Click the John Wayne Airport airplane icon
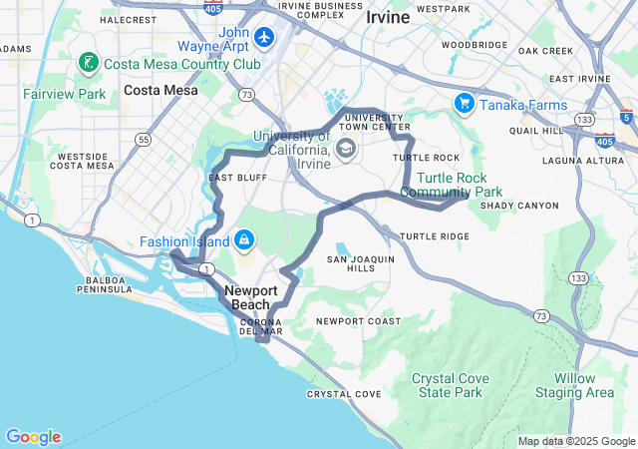[264, 38]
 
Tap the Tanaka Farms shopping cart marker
[464, 104]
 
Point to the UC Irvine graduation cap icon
[345, 150]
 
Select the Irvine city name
[388, 17]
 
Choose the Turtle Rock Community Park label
[452, 185]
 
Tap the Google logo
[33, 437]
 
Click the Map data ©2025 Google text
[576, 441]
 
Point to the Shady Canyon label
[519, 206]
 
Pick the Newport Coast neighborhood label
[358, 321]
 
